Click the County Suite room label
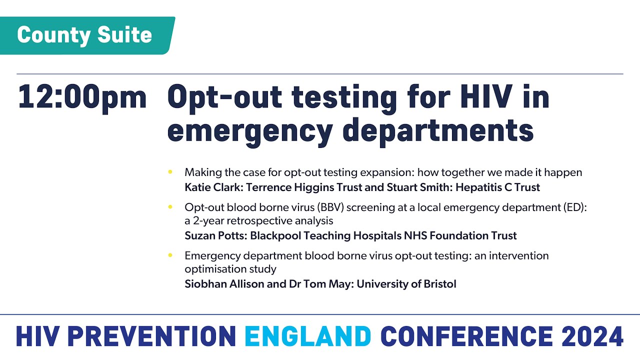(x=84, y=35)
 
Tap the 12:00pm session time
(x=82, y=97)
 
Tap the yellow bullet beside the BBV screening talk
(x=170, y=206)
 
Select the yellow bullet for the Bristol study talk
(x=170, y=255)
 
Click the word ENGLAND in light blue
(x=307, y=336)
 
